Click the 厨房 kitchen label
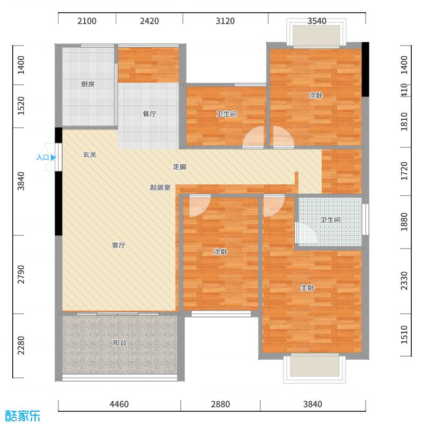click(88, 84)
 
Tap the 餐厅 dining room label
click(149, 114)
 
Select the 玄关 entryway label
click(90, 155)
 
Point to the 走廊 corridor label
click(180, 167)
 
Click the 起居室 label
click(160, 188)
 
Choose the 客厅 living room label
click(119, 245)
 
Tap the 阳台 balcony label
click(120, 343)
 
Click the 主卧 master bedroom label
click(308, 288)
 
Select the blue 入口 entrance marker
click(46, 157)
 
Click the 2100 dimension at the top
click(87, 22)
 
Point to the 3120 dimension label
click(225, 22)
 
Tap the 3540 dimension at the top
click(316, 22)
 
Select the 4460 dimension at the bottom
click(119, 404)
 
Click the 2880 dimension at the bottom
click(220, 404)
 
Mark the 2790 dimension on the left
click(21, 274)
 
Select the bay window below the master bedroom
click(312, 367)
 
